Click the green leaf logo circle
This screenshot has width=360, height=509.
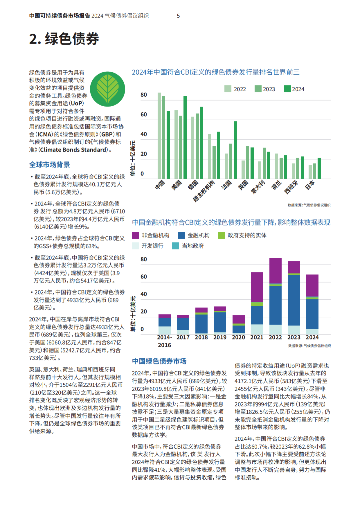[x=108, y=89]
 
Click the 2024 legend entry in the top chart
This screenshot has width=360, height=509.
[x=294, y=89]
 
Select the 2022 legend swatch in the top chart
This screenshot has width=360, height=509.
[x=228, y=89]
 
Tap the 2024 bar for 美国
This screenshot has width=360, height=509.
[x=185, y=138]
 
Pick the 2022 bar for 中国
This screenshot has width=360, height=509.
[x=159, y=136]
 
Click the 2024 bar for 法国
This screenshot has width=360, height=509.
[x=235, y=150]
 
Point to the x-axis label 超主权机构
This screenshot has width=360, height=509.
[x=204, y=191]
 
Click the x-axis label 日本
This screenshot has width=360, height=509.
[x=310, y=185]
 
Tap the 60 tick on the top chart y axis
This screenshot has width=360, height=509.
[x=144, y=115]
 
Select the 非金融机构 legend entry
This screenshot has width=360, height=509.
[x=151, y=236]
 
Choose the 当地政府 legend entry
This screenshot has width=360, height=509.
[x=188, y=246]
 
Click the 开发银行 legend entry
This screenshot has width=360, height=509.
[x=148, y=246]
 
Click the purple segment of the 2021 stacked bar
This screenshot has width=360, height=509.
[x=257, y=287]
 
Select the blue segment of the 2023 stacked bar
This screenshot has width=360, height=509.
[x=294, y=300]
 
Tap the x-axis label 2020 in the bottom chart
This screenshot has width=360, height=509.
[x=238, y=337]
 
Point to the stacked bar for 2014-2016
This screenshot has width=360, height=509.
[x=165, y=324]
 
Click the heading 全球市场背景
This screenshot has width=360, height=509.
[x=50, y=165]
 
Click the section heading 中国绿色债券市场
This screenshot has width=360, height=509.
[x=159, y=361]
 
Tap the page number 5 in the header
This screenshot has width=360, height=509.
[x=178, y=16]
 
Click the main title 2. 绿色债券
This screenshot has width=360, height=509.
[x=64, y=39]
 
